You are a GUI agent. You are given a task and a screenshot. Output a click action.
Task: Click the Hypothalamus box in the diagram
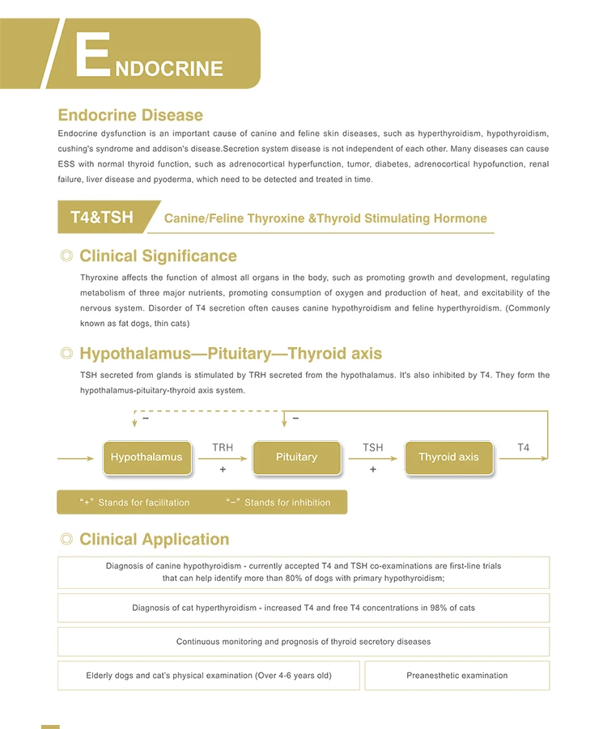pyautogui.click(x=146, y=457)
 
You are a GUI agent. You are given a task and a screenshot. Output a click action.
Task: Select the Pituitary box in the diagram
pyautogui.click(x=296, y=457)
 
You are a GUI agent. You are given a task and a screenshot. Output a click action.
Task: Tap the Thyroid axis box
pyautogui.click(x=448, y=457)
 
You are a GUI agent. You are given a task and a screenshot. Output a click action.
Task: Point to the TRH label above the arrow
pyautogui.click(x=223, y=447)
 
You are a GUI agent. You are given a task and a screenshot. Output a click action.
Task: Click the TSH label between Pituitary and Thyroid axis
pyautogui.click(x=373, y=447)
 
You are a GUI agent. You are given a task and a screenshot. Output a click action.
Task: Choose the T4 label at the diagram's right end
pyautogui.click(x=524, y=447)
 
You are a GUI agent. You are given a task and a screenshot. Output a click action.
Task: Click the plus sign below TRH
pyautogui.click(x=223, y=469)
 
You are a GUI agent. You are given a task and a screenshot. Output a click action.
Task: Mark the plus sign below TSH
pyautogui.click(x=373, y=469)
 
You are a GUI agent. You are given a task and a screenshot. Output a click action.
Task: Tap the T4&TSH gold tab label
pyautogui.click(x=102, y=218)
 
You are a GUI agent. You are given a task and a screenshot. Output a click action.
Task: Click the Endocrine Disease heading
pyautogui.click(x=130, y=115)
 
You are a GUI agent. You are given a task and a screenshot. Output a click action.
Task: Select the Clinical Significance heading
pyautogui.click(x=158, y=256)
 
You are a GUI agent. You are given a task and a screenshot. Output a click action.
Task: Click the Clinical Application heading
pyautogui.click(x=154, y=540)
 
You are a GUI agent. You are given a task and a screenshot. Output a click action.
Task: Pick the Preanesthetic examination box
pyautogui.click(x=456, y=676)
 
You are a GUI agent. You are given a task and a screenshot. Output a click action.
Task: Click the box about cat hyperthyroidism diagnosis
pyautogui.click(x=303, y=608)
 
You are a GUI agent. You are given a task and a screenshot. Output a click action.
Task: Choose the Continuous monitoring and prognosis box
pyautogui.click(x=303, y=642)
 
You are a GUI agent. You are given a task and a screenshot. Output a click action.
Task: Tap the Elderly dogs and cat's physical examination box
pyautogui.click(x=209, y=676)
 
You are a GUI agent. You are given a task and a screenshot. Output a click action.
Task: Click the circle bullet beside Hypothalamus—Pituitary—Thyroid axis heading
pyautogui.click(x=66, y=354)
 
